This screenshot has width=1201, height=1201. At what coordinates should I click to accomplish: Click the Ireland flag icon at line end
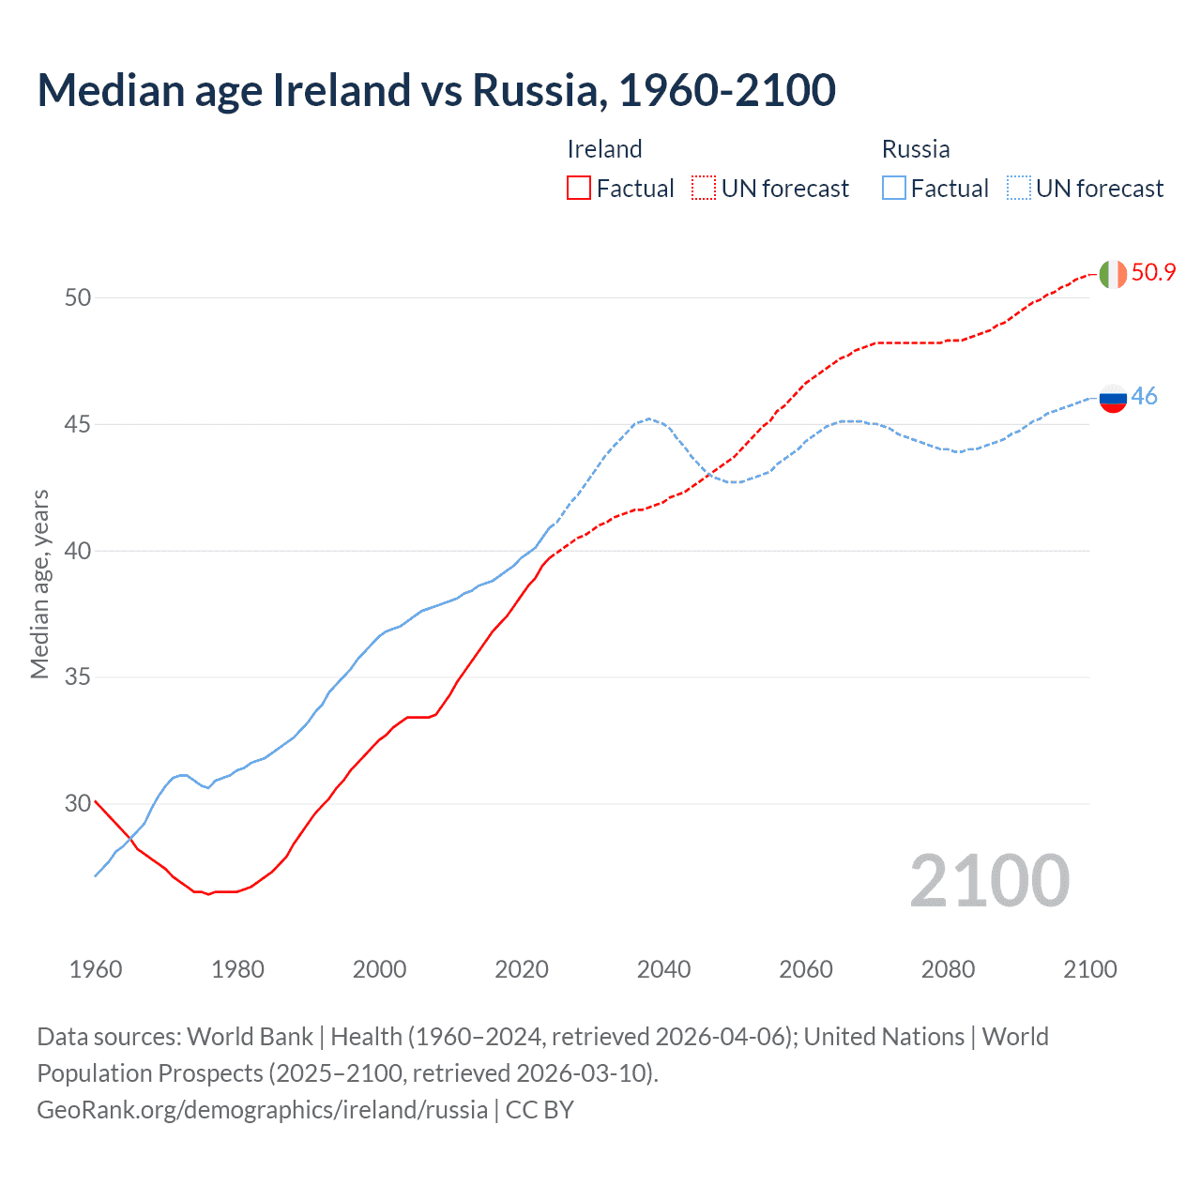pos(1112,274)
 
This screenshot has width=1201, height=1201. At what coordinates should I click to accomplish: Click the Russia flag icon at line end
pos(1112,398)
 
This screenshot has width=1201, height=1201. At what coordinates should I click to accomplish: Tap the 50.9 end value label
pos(1153,273)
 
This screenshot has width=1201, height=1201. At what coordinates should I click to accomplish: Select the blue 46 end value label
pos(1144,397)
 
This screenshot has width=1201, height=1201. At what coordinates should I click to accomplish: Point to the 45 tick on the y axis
pos(78,424)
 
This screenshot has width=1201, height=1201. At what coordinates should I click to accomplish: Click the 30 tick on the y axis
pos(78,803)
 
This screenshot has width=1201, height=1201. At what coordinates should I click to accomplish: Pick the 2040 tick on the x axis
pos(663,969)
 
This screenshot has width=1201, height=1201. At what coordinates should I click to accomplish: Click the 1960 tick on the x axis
pos(96,969)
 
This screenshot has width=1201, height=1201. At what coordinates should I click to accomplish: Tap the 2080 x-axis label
pos(948,969)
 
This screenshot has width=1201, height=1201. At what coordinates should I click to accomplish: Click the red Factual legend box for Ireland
pos(579,189)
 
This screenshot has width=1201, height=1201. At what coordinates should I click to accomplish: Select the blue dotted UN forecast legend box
pos(1019,189)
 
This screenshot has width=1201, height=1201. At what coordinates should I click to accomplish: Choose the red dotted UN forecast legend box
pos(704,189)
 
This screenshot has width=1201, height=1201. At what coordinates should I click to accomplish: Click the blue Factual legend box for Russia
pos(894,189)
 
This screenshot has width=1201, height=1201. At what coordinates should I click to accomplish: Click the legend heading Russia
pos(916,149)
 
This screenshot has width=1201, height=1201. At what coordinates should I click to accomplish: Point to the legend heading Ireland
pos(604,149)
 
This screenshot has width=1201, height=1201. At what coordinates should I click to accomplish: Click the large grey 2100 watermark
pos(989,881)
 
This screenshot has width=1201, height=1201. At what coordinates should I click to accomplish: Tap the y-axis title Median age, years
pos(39,584)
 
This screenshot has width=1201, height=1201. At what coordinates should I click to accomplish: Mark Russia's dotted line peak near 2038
pos(648,418)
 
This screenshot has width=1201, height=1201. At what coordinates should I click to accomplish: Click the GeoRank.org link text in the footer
pos(262,1109)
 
